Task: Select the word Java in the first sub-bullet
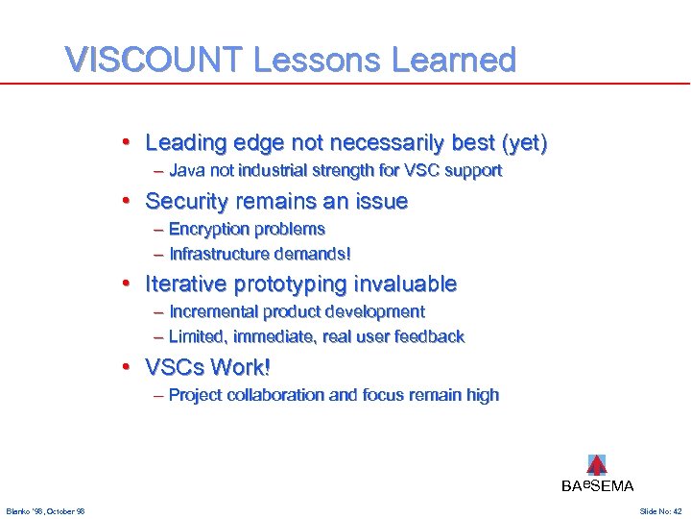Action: point(185,171)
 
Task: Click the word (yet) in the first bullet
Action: point(524,143)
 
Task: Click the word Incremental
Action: point(212,312)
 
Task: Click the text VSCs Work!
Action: point(207,367)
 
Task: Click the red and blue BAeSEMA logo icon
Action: point(597,465)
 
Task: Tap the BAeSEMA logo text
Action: point(597,486)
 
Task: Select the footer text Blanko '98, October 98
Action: point(45,511)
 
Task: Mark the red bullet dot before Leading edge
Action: point(127,143)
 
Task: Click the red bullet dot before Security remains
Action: point(127,202)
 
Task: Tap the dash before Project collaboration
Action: point(158,395)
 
